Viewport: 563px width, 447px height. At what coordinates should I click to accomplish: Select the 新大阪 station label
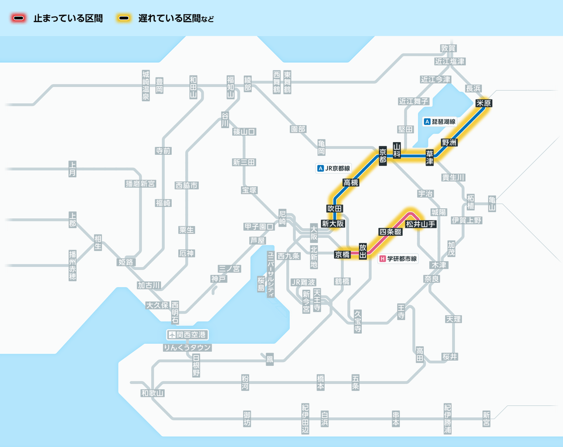(x=333, y=224)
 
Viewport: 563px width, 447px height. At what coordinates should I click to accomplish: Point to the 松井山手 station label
(x=421, y=224)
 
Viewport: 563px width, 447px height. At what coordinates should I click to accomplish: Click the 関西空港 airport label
(x=187, y=335)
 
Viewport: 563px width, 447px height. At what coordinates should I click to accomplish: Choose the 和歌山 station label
(x=152, y=393)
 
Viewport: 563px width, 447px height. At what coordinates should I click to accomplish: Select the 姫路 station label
(x=126, y=262)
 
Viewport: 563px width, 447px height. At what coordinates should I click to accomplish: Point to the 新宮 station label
(x=486, y=418)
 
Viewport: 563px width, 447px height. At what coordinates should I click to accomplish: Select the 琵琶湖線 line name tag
(x=440, y=121)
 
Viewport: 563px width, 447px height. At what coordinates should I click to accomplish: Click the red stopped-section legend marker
(x=19, y=19)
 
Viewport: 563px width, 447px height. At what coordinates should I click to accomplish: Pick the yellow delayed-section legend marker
(x=124, y=19)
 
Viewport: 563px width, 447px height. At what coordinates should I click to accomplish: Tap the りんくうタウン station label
(x=187, y=348)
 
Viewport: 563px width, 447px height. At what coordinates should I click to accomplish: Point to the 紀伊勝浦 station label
(x=448, y=418)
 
